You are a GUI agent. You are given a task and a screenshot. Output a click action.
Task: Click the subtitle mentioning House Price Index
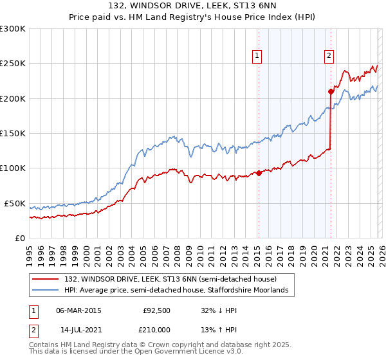click(193, 17)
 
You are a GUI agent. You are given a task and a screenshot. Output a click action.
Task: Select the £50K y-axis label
click(15, 203)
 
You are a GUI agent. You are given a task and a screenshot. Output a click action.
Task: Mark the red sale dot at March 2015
click(259, 173)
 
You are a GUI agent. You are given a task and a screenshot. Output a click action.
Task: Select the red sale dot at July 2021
click(331, 91)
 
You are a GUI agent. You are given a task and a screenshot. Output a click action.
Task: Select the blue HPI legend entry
click(177, 291)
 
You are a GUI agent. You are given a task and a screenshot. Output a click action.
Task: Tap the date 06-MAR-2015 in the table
click(78, 310)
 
